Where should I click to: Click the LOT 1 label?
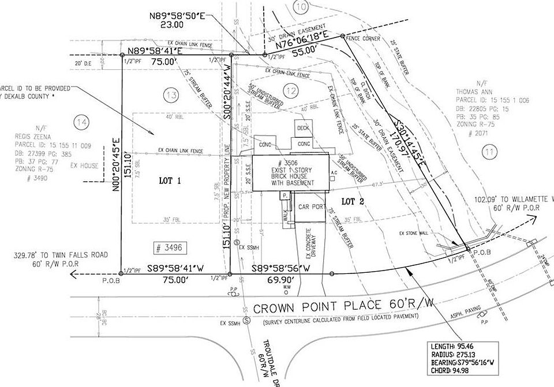click(170, 181)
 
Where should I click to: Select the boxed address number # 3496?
click(169, 248)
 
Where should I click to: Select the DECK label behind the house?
click(304, 127)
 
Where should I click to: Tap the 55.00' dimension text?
click(304, 50)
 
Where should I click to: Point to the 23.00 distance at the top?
click(173, 24)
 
